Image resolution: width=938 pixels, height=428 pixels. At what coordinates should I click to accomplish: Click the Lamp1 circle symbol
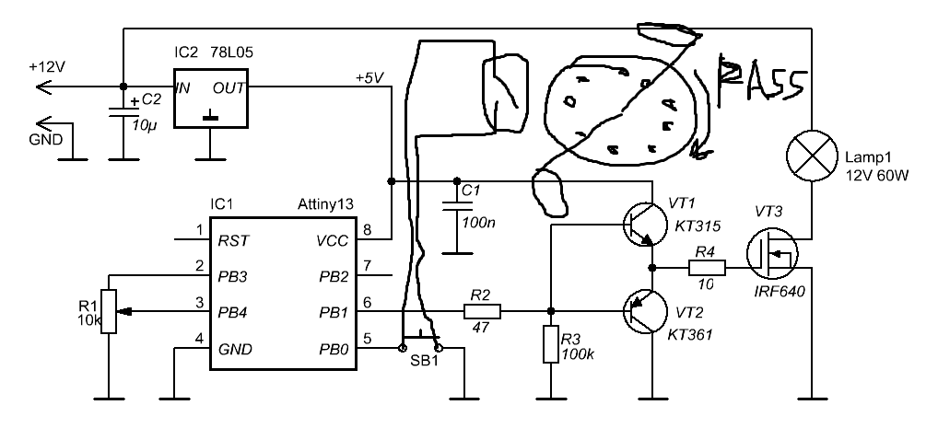click(812, 156)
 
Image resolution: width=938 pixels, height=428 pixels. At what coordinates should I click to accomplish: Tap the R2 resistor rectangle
click(482, 311)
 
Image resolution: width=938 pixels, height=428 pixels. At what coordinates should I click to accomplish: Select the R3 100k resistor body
click(550, 344)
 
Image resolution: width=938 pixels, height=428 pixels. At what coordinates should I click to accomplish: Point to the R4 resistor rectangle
click(707, 268)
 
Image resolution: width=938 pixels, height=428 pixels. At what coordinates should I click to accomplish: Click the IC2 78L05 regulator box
click(211, 98)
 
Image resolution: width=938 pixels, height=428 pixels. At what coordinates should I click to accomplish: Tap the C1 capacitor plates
click(457, 206)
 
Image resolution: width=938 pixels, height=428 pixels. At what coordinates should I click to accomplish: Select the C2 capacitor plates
click(123, 112)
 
